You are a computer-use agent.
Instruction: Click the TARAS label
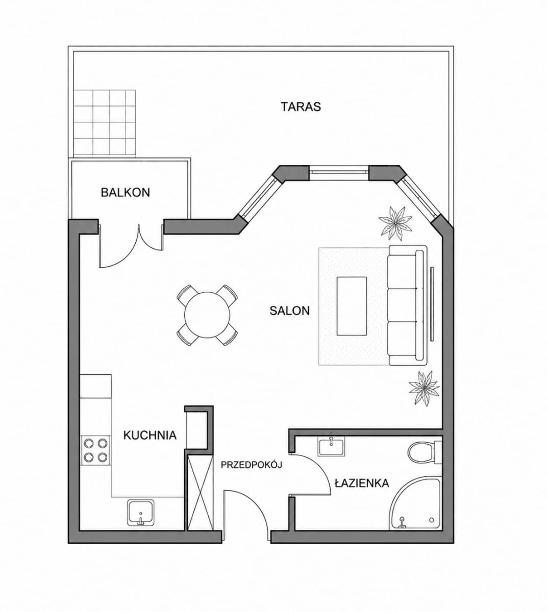coord(301,107)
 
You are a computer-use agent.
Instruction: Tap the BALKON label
coord(126,192)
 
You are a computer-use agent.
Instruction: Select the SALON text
coord(290,311)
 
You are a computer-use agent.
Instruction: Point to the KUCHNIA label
coord(150,436)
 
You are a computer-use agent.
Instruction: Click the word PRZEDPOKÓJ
coord(252,465)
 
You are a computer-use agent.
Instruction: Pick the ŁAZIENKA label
coord(362,483)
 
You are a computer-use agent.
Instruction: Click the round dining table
coord(207,315)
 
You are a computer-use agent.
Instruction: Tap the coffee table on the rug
coord(352,307)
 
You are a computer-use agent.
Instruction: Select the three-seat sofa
coord(407,305)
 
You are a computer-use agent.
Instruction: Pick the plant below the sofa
coord(424,388)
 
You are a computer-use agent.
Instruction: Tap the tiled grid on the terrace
coord(105,123)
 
